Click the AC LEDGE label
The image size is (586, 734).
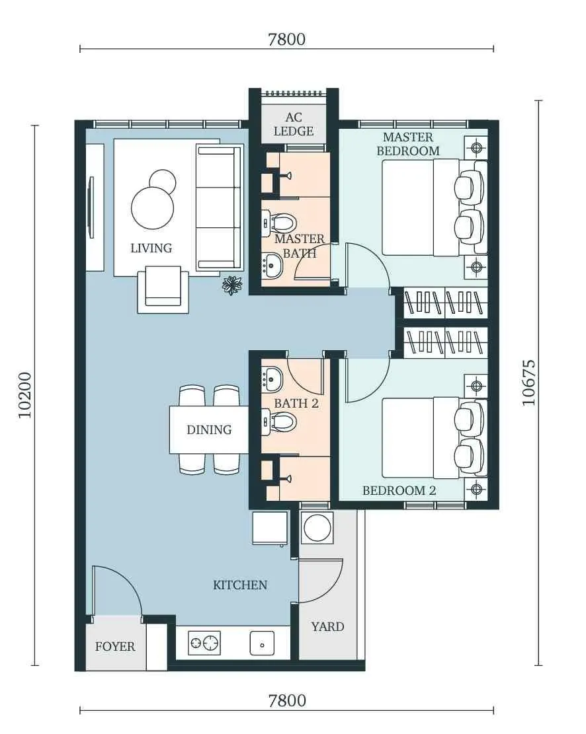pos(294,124)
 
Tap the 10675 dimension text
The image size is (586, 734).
pos(528,383)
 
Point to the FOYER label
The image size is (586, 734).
pos(115,647)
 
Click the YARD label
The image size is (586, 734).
pos(327,626)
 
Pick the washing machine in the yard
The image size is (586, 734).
pos(317,528)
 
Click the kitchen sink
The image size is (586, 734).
pos(262,643)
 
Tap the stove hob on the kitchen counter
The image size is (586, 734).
pos(204,643)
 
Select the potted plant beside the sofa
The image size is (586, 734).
pos(232,285)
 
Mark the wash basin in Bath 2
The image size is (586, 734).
pos(272,379)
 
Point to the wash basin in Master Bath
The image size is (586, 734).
pos(272,265)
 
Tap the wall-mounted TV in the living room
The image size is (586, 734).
pos(91,207)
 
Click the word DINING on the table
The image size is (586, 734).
pos(209,429)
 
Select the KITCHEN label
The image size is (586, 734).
pos(240,585)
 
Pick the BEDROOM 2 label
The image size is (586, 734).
pos(399,491)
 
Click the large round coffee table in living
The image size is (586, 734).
pos(153,207)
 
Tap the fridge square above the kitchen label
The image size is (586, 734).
pos(270,528)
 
